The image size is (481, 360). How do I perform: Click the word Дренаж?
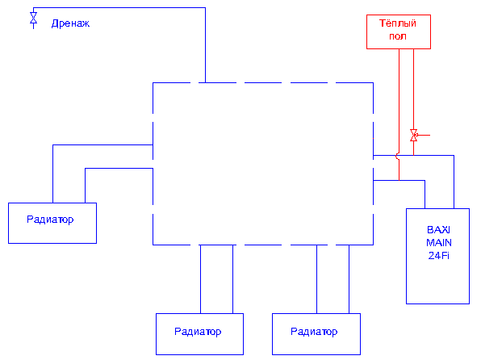coord(70,23)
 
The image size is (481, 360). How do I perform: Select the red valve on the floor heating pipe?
coord(413,135)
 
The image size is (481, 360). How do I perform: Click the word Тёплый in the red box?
coord(398,23)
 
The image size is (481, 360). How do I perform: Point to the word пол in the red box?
coord(398,36)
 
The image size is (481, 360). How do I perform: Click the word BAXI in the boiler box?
coord(438,230)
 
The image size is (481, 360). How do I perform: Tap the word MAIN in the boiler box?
coord(439,243)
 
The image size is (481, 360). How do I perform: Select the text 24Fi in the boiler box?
coord(439,256)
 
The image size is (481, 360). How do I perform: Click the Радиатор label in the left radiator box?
coord(50,220)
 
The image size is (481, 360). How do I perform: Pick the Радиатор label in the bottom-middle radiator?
coord(198,332)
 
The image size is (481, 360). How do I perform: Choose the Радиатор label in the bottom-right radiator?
coord(314,332)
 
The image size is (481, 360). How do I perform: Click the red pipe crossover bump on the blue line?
coord(397,156)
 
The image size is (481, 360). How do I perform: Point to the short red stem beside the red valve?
coord(424,135)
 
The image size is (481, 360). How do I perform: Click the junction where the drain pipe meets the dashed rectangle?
coord(205,83)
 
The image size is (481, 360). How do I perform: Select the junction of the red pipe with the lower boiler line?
coord(399,181)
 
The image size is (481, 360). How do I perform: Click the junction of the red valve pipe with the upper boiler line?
coord(413,156)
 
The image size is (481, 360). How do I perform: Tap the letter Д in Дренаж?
coord(55,23)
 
